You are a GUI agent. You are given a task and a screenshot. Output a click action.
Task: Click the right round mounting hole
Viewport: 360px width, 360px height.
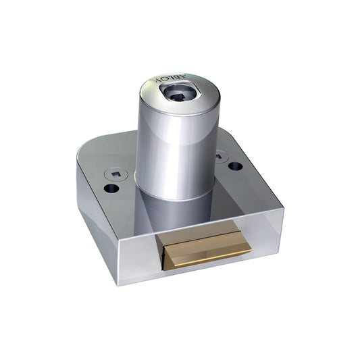point(234,165)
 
